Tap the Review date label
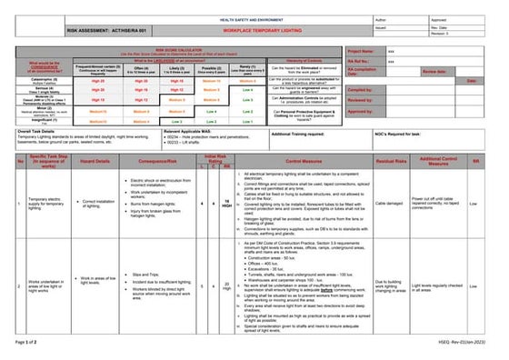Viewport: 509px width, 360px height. (x=435, y=71)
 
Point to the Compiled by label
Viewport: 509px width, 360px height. (x=361, y=90)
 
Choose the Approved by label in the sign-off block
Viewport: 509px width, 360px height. (x=361, y=111)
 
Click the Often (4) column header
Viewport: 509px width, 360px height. (x=141, y=67)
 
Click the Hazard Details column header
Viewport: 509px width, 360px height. (x=95, y=161)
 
